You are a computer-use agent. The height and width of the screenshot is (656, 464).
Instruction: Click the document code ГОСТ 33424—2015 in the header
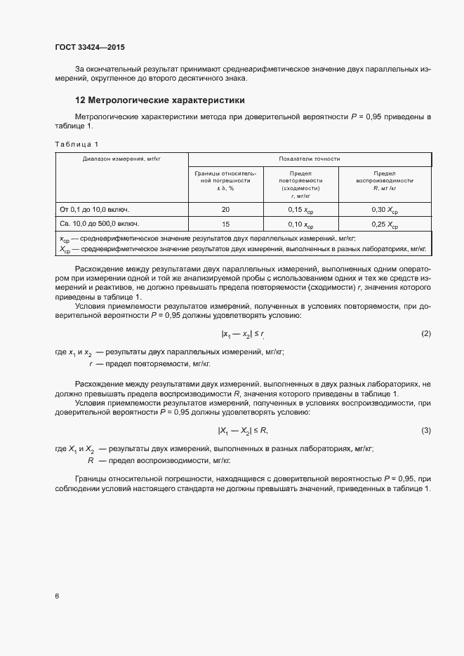[x=89, y=48]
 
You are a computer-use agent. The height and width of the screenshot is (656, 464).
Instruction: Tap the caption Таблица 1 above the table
[x=77, y=144]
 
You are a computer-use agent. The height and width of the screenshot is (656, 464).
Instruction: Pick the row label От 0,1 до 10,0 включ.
[x=96, y=210]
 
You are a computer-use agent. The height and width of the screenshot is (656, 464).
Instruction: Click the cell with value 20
[x=225, y=210]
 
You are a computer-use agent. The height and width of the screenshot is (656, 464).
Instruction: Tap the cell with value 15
[x=225, y=225]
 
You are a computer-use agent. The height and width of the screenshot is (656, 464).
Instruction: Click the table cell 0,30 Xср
[x=384, y=210]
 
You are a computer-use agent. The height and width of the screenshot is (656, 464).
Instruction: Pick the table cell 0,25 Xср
[x=384, y=225]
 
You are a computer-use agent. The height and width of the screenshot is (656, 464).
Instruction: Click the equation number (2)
[x=426, y=333]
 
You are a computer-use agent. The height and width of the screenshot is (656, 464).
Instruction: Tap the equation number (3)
[x=426, y=430]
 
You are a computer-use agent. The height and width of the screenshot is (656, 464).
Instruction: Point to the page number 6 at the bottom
[x=57, y=596]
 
